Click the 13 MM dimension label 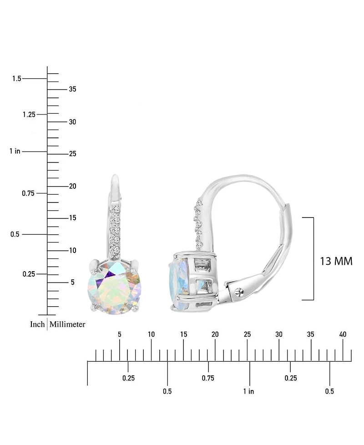point(336,261)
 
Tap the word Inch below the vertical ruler point(37,324)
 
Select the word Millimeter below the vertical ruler point(67,324)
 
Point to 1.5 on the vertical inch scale point(17,79)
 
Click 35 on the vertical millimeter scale point(72,89)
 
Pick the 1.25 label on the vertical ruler point(29,114)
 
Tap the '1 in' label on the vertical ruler point(15,151)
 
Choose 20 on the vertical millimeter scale point(72,186)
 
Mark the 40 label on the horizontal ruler point(343,334)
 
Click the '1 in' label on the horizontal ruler point(248,391)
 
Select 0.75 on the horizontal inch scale point(208,378)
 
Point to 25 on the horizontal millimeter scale point(247,334)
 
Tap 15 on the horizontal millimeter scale point(183,334)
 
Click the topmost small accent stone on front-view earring point(116,209)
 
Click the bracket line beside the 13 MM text point(313,258)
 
